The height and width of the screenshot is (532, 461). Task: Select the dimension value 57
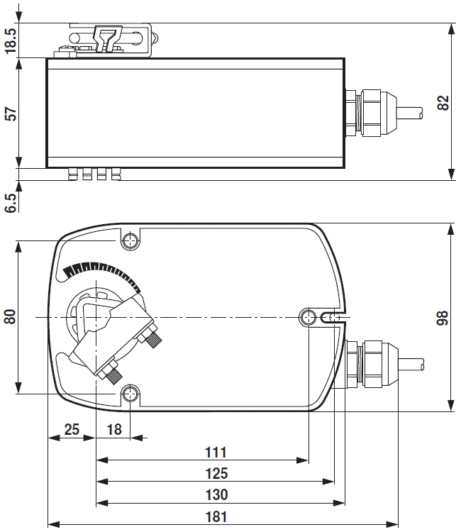click(x=11, y=113)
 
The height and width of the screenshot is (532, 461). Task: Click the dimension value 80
click(x=11, y=316)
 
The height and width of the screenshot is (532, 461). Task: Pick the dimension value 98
click(x=443, y=317)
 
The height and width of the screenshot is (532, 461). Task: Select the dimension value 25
click(x=71, y=429)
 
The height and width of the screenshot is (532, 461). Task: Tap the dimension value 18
click(x=114, y=429)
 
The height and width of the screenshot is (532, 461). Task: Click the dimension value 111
click(x=215, y=452)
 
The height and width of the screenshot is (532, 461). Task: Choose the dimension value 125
click(x=215, y=473)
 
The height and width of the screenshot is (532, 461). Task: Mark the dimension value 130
click(x=215, y=494)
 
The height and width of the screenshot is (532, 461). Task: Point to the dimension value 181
click(x=215, y=516)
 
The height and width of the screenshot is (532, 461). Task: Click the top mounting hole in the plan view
click(x=130, y=241)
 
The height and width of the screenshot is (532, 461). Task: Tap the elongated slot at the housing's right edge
click(x=331, y=317)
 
